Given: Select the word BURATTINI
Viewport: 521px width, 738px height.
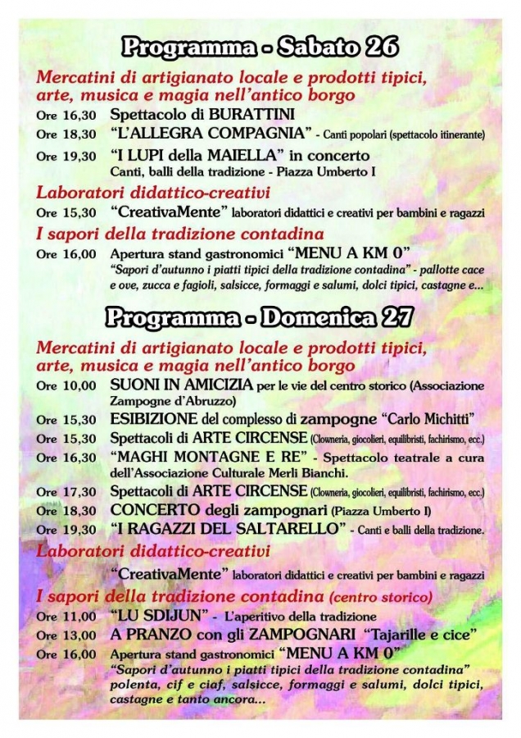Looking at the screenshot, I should point(251,114).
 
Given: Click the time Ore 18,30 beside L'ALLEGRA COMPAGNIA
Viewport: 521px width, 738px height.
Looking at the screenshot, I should point(66,134).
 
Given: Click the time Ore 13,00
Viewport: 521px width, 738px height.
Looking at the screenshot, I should point(66,635).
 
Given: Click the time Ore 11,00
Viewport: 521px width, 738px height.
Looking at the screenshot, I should point(66,617).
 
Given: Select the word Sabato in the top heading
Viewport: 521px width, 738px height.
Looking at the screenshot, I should point(314,48).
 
